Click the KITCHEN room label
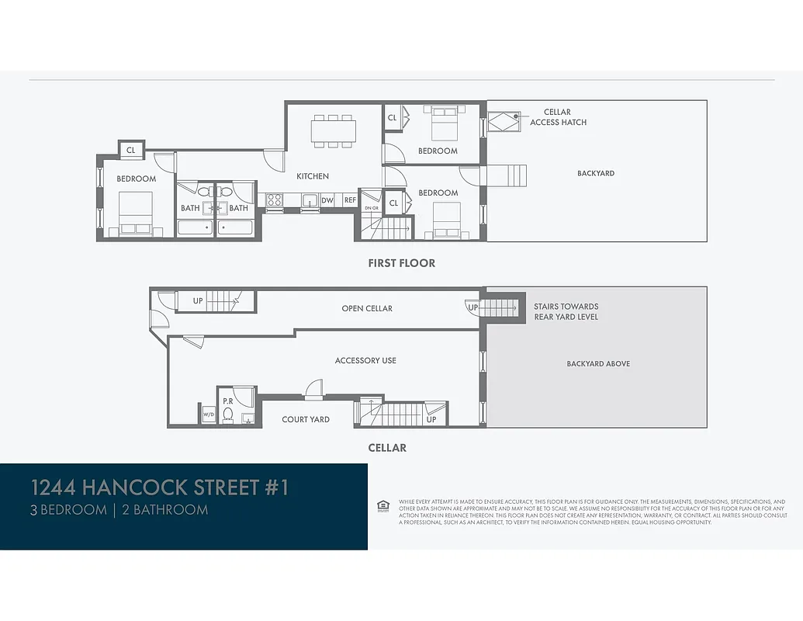(x=313, y=176)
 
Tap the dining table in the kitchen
(x=334, y=130)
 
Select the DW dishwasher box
(x=327, y=200)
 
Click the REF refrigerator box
(x=350, y=200)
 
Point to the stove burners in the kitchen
(x=274, y=200)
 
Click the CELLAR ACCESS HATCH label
(x=558, y=117)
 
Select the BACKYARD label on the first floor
(x=595, y=173)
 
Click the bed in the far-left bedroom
(x=135, y=214)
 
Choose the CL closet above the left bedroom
(x=130, y=150)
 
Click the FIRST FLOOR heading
(x=401, y=263)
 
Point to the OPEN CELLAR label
(x=367, y=308)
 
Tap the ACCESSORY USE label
(x=365, y=360)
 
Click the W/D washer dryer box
(x=208, y=415)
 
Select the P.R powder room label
(x=228, y=401)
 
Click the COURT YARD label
(x=306, y=419)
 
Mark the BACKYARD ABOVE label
(x=598, y=363)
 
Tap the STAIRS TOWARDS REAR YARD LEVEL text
(x=566, y=311)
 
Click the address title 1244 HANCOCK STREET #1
(x=159, y=487)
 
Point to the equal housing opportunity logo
(x=382, y=506)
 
